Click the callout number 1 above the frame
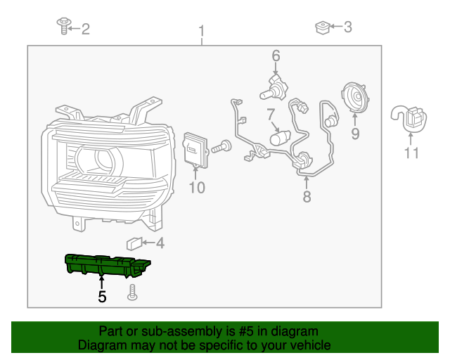coord(202,31)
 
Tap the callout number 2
coord(86,29)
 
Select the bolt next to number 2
coord(63,27)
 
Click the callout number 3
coord(347,27)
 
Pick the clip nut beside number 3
coord(321,27)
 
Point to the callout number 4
coord(160,244)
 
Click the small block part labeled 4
coord(134,244)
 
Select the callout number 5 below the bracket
coord(102,297)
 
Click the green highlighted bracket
coord(105,264)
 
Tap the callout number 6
coord(276,55)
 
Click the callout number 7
coord(270,114)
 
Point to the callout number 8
coord(307,197)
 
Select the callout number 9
coord(355,133)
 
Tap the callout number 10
coord(196,187)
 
